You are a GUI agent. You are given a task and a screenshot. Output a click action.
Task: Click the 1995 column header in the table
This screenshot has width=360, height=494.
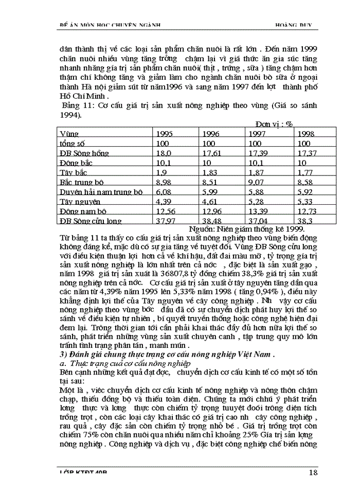click(x=164, y=134)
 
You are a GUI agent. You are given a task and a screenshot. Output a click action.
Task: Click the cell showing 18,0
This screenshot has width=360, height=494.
click(x=164, y=153)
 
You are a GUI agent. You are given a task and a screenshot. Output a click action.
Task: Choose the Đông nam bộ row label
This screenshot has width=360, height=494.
click(x=82, y=211)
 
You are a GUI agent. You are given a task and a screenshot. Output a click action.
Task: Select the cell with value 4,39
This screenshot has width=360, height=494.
click(x=163, y=201)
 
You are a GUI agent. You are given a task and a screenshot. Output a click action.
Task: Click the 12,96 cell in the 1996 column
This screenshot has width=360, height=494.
click(x=212, y=211)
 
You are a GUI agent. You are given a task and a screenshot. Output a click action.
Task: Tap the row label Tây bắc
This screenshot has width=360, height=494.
click(x=73, y=172)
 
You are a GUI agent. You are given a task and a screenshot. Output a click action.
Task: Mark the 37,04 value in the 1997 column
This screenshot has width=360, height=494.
click(x=258, y=221)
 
